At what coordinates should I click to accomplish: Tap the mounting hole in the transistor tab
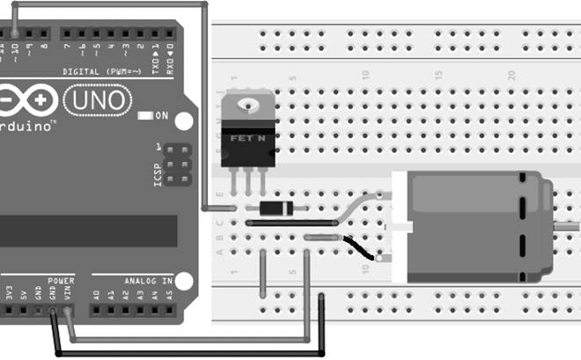[246, 107]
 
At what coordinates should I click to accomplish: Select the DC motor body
[475, 227]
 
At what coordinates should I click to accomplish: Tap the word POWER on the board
[62, 281]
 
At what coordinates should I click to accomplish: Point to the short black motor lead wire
[359, 248]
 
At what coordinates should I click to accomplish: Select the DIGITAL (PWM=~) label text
[98, 70]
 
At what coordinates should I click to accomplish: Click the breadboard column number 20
[511, 76]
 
